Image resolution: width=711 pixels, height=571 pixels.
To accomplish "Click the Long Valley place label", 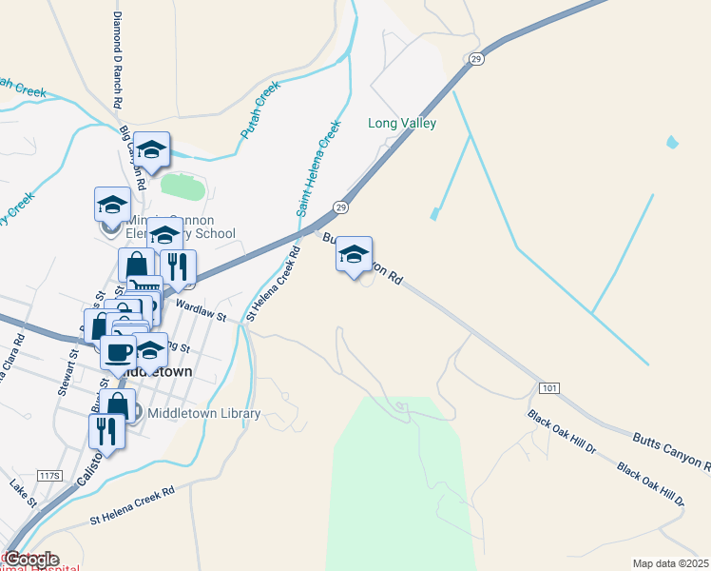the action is point(402,124).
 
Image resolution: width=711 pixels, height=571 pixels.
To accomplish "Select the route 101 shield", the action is point(548,388).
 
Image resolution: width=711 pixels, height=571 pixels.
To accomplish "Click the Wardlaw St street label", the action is point(200,312).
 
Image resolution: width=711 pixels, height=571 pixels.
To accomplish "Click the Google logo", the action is point(31,560).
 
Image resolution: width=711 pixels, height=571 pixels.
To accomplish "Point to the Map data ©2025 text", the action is point(671,563).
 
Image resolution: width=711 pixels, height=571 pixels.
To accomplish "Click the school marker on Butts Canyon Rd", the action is point(355,255).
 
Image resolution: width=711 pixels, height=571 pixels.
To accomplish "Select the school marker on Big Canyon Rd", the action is point(151,150).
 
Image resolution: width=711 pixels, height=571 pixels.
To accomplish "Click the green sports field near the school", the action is point(183,187).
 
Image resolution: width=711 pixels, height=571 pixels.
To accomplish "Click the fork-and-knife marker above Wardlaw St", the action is point(178,268).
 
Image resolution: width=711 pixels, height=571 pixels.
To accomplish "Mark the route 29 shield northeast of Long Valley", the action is point(474,59).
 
